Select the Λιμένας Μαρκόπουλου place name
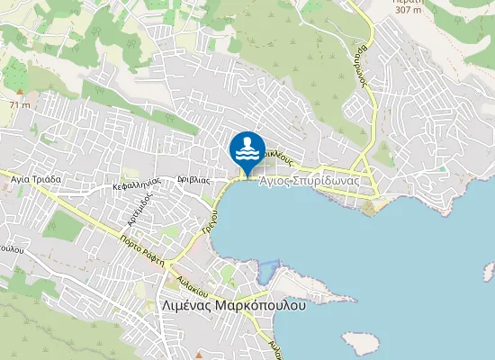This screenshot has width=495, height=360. click(232, 304)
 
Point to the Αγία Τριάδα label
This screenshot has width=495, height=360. click(35, 179)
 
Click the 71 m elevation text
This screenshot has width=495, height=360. click(20, 105)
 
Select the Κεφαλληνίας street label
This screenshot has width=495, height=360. click(137, 184)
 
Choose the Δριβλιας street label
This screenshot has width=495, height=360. click(193, 179)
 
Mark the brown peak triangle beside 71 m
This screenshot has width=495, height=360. click(19, 92)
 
